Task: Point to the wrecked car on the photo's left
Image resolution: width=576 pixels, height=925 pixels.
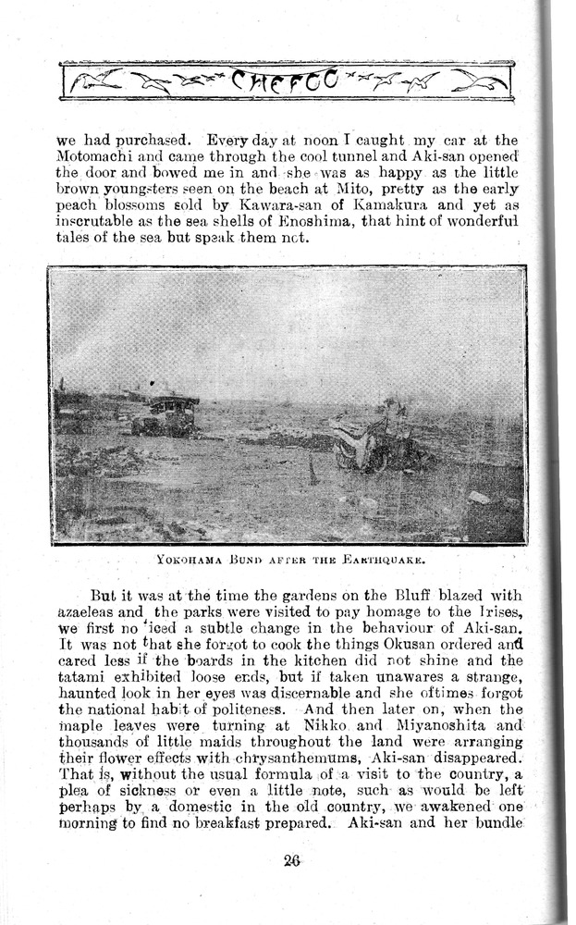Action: point(167,415)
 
